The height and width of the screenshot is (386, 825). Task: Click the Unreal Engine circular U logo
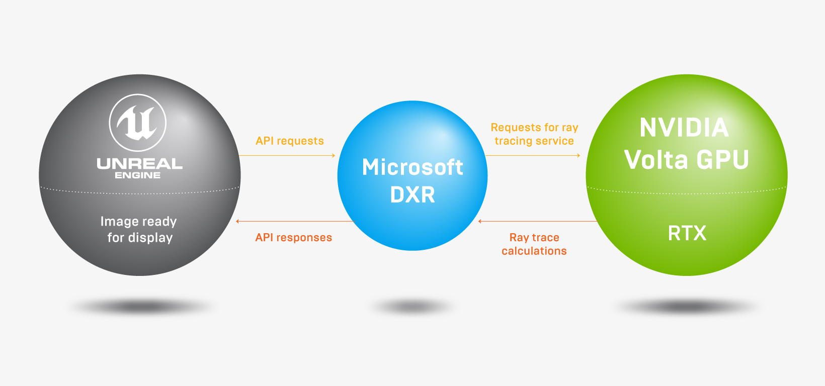coord(138,123)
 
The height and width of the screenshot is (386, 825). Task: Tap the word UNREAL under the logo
coord(139,164)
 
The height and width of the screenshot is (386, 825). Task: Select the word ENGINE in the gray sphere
coord(138,175)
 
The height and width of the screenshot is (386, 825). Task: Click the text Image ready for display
coord(139,229)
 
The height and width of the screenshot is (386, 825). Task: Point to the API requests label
coord(290,141)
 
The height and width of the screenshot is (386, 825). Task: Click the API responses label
coord(294,237)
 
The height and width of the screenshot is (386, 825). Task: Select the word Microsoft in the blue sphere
coord(412,167)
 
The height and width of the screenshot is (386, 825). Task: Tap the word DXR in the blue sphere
coord(412,195)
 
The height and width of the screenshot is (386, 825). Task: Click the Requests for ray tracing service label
coord(534,134)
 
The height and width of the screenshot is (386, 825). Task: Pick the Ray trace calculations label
coord(534,244)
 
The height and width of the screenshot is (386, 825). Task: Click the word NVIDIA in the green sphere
coord(684,128)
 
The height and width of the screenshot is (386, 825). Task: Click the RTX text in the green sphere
coord(687,233)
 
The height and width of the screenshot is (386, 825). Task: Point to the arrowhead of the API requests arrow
coord(334,155)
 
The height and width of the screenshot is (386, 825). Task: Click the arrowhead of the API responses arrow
coord(237,221)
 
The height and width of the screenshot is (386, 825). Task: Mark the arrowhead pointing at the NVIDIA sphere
coord(579,155)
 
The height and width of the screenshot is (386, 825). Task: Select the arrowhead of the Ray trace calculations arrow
coord(480,221)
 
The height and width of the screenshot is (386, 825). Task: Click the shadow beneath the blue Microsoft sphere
coord(412,306)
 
